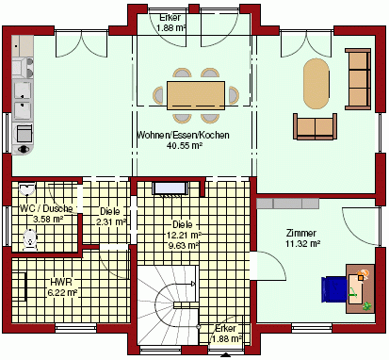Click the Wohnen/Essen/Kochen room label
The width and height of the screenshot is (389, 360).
[x=184, y=135]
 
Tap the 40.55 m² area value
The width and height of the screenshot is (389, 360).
[x=184, y=145]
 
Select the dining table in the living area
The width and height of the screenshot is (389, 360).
[x=196, y=95]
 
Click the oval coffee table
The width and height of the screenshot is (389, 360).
[x=316, y=84]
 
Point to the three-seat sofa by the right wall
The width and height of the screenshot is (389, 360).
[x=358, y=79]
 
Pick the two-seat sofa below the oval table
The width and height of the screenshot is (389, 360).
[x=315, y=126]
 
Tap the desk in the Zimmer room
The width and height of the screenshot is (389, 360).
[x=361, y=288]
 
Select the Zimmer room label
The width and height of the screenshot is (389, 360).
[x=301, y=233]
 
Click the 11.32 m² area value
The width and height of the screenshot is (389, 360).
[x=303, y=243]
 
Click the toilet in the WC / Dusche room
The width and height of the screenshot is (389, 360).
[x=30, y=240]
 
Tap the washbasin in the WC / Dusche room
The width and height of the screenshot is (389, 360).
[x=27, y=189]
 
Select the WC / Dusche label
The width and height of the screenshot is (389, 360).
[x=46, y=208]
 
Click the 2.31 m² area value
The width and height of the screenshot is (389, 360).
[x=111, y=222]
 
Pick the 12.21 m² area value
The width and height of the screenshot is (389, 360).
[x=183, y=235]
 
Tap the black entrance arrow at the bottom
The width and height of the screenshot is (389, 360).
[x=226, y=355]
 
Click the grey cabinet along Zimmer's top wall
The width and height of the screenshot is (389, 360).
[x=288, y=204]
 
